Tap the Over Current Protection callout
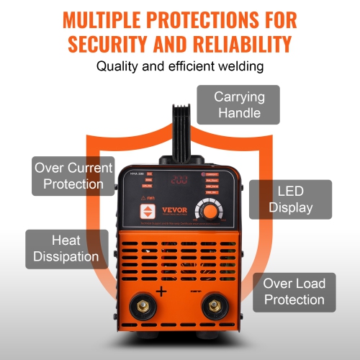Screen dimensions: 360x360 tap(69, 175)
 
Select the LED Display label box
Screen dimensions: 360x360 tap(290, 199)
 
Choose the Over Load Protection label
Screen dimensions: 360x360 tap(293, 291)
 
